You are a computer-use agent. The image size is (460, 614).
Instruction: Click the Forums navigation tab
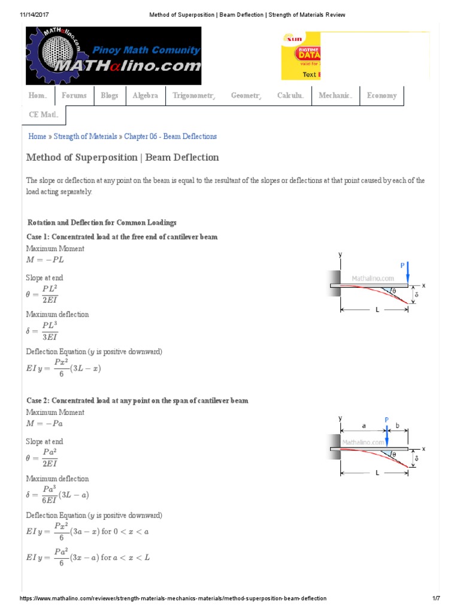point(74,95)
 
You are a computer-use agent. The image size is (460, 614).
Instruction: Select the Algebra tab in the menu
point(145,95)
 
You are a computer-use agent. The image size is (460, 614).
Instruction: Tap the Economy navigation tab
point(382,95)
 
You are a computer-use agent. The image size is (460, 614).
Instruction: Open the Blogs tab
point(110,95)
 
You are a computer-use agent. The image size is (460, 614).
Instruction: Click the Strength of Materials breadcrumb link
point(86,137)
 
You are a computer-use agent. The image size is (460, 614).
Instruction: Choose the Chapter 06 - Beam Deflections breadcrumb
point(170,137)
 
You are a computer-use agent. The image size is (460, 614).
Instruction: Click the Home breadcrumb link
point(37,137)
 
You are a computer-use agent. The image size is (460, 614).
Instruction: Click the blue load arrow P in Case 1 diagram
point(407,273)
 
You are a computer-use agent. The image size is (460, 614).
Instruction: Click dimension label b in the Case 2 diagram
point(397,425)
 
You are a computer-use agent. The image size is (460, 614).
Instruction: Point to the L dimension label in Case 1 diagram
point(377,311)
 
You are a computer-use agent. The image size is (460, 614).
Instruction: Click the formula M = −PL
point(45,260)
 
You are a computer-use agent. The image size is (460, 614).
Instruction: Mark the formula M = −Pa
point(45,424)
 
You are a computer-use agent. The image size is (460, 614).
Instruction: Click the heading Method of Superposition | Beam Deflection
point(123,158)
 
